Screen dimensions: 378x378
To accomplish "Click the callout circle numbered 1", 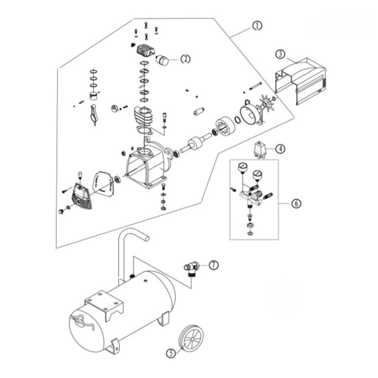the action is tap(257, 26).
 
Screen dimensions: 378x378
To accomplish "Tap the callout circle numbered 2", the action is tap(186, 59).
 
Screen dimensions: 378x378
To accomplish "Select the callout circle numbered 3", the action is tap(280, 54).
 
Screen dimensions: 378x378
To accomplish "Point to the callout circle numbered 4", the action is tap(280, 149).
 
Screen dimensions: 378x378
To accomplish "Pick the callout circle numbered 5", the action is tap(171, 353).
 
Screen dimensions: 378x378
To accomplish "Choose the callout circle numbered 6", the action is tap(296, 203).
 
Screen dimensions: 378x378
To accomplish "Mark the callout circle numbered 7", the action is tap(214, 265).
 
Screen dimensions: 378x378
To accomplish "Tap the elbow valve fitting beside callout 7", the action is tap(191, 269).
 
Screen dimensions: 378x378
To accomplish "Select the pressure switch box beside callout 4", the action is tap(260, 150).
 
